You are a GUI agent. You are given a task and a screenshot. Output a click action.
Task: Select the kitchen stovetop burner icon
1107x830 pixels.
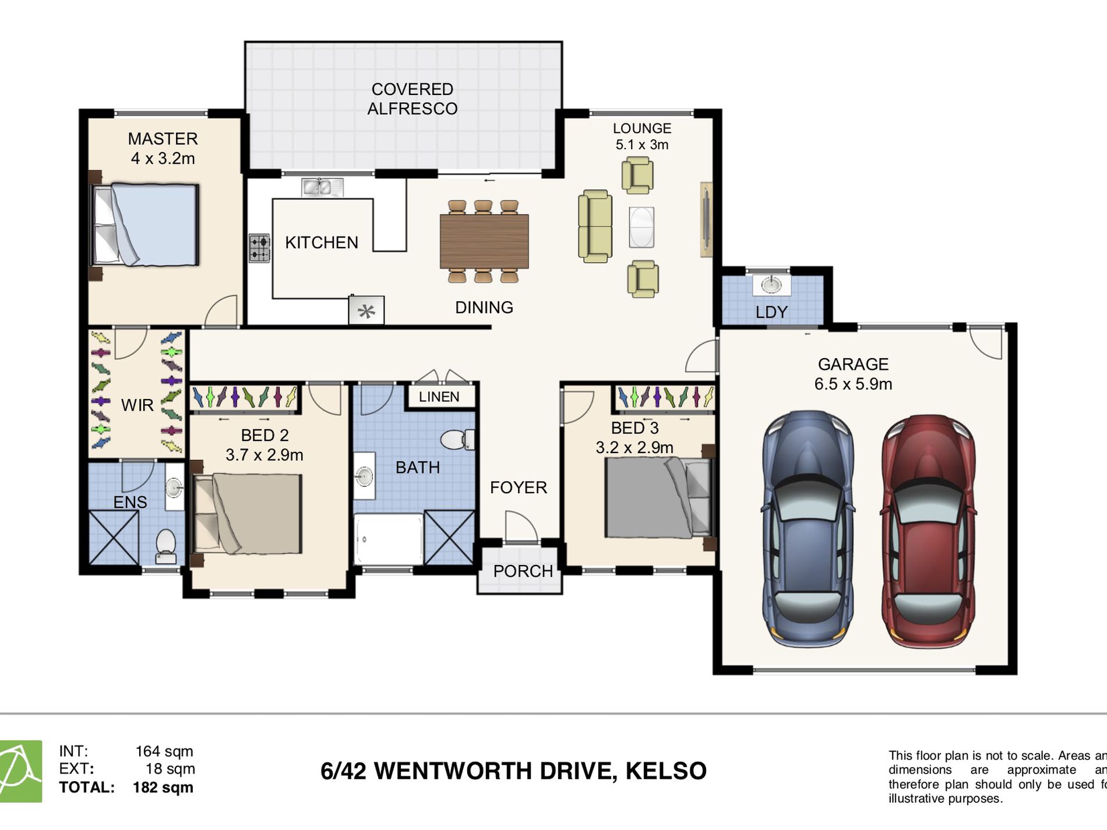(260, 248)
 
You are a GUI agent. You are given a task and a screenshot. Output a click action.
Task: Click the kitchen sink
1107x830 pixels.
(322, 188)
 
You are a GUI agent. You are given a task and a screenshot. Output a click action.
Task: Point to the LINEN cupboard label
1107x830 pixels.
(439, 397)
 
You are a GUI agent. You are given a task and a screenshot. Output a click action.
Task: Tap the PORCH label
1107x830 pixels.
(523, 571)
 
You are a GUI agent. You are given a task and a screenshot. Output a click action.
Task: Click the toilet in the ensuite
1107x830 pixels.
(166, 546)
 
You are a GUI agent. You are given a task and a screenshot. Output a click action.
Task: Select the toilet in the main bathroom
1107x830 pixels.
(457, 439)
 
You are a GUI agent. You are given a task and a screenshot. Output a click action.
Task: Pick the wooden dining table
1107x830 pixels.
(484, 241)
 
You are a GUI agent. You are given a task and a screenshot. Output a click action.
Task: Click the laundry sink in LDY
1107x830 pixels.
(772, 285)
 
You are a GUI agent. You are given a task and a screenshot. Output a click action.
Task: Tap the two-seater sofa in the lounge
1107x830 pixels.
(595, 226)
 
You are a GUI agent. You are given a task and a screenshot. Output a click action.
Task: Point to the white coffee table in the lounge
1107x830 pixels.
(641, 227)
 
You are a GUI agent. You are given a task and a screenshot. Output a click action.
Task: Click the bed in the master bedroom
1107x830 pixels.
(144, 225)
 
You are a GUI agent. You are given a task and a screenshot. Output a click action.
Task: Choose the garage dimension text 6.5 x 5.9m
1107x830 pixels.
(853, 384)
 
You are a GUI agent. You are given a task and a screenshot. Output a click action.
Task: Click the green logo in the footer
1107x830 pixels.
(20, 771)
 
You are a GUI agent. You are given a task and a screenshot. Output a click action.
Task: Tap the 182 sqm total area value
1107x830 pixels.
(163, 787)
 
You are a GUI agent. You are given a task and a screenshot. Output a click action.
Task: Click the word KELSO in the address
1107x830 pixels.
(666, 771)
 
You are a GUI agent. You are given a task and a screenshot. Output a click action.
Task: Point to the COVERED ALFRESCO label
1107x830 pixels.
(412, 98)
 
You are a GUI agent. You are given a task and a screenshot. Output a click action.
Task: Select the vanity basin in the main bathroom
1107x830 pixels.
(364, 476)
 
